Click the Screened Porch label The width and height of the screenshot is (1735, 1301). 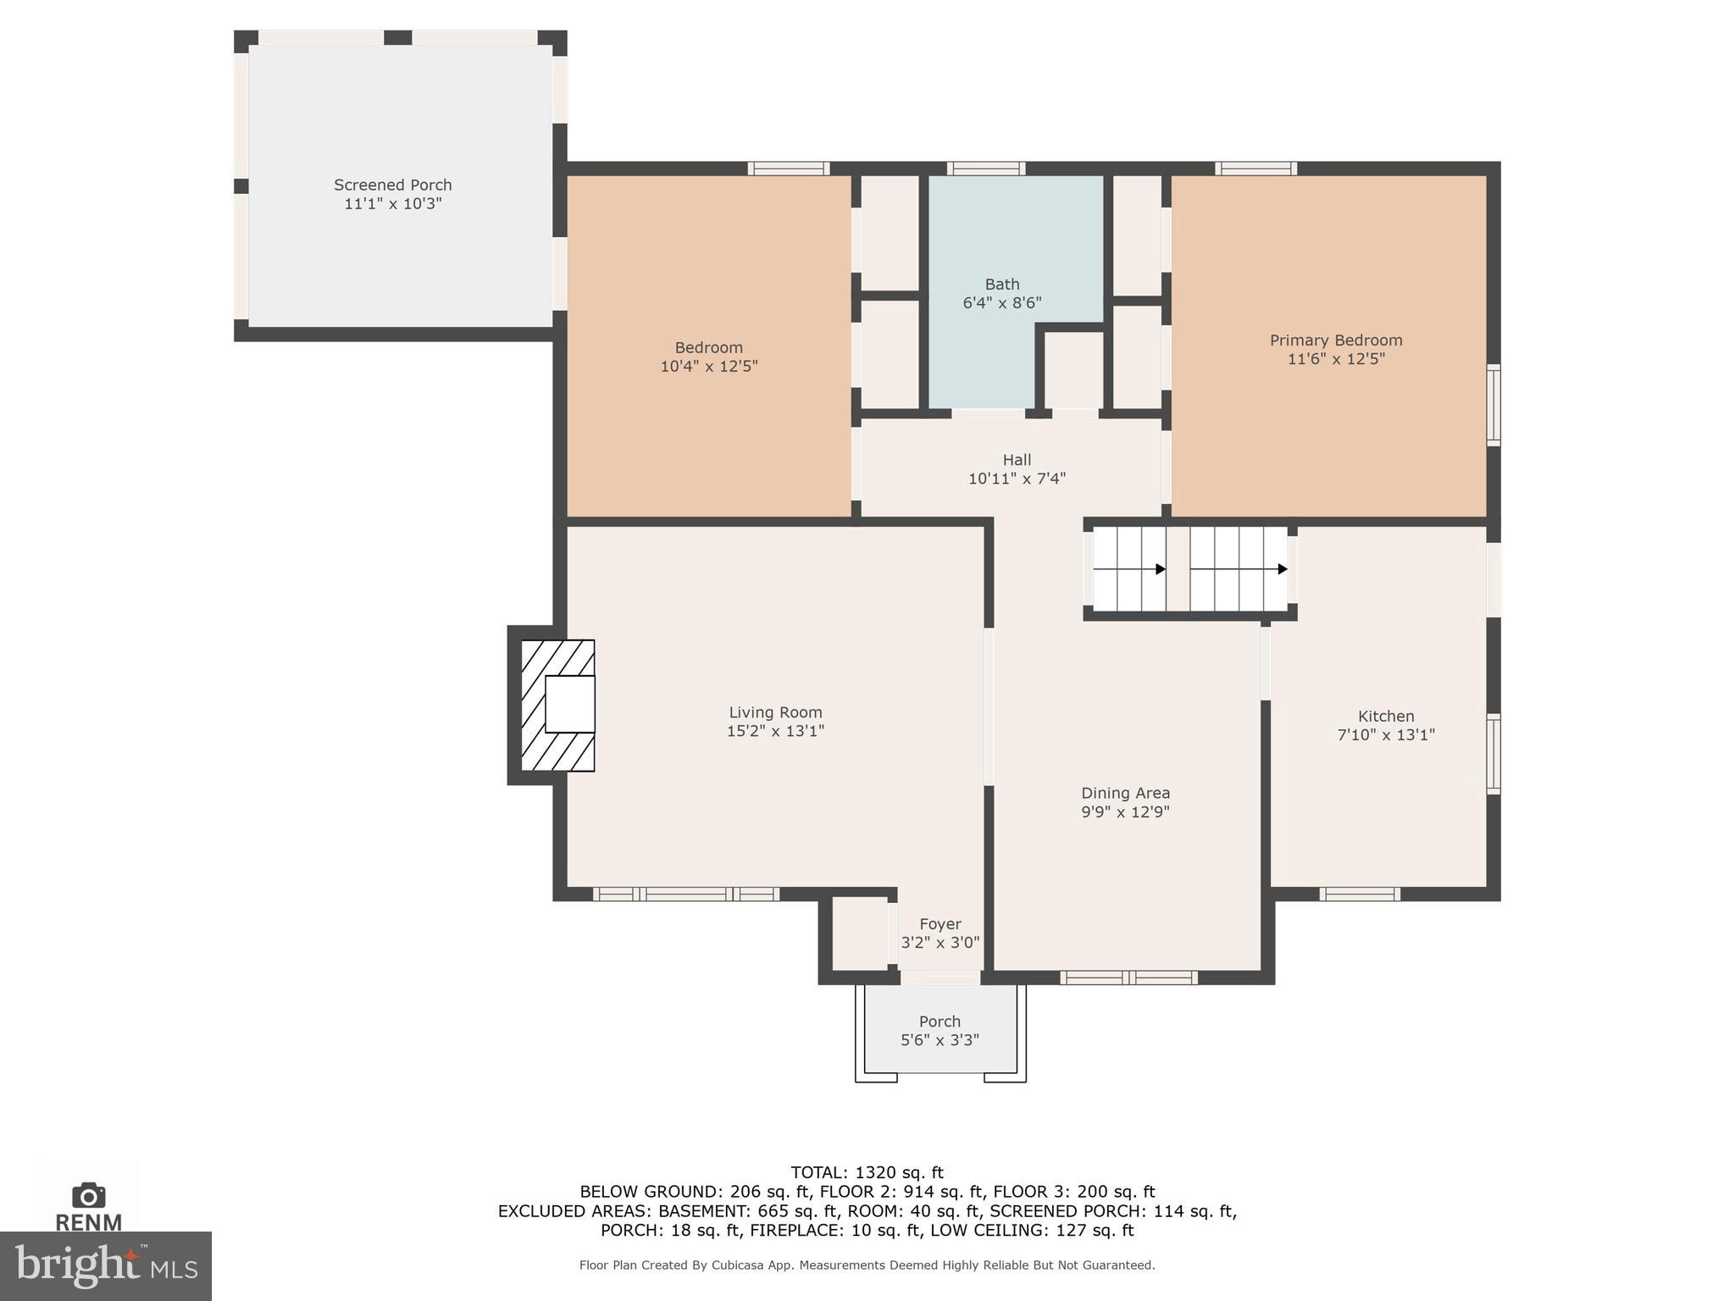click(392, 185)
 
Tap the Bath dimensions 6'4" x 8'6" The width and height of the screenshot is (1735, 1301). click(1001, 303)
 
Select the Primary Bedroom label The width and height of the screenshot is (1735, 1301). click(1335, 340)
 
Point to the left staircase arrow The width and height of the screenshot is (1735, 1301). click(1160, 569)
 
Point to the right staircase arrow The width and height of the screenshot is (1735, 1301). click(1282, 569)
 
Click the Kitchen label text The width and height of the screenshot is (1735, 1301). click(1385, 717)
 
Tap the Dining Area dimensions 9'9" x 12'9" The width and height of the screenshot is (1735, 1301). click(1125, 812)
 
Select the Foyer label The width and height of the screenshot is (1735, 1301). click(940, 924)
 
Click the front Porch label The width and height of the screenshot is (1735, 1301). click(940, 1021)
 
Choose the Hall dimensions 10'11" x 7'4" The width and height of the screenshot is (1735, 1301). click(1017, 479)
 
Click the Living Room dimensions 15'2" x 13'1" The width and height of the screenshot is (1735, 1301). click(775, 731)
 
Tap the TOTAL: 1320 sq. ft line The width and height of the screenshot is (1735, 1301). click(867, 1172)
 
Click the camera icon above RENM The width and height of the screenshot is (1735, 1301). click(88, 1195)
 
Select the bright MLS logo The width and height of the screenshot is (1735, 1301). click(105, 1265)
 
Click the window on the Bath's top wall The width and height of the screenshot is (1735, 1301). click(985, 169)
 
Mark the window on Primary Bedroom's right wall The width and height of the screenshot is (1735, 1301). click(1494, 405)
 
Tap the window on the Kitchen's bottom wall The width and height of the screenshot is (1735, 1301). click(1359, 894)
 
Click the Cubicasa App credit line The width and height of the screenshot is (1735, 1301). click(867, 1265)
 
